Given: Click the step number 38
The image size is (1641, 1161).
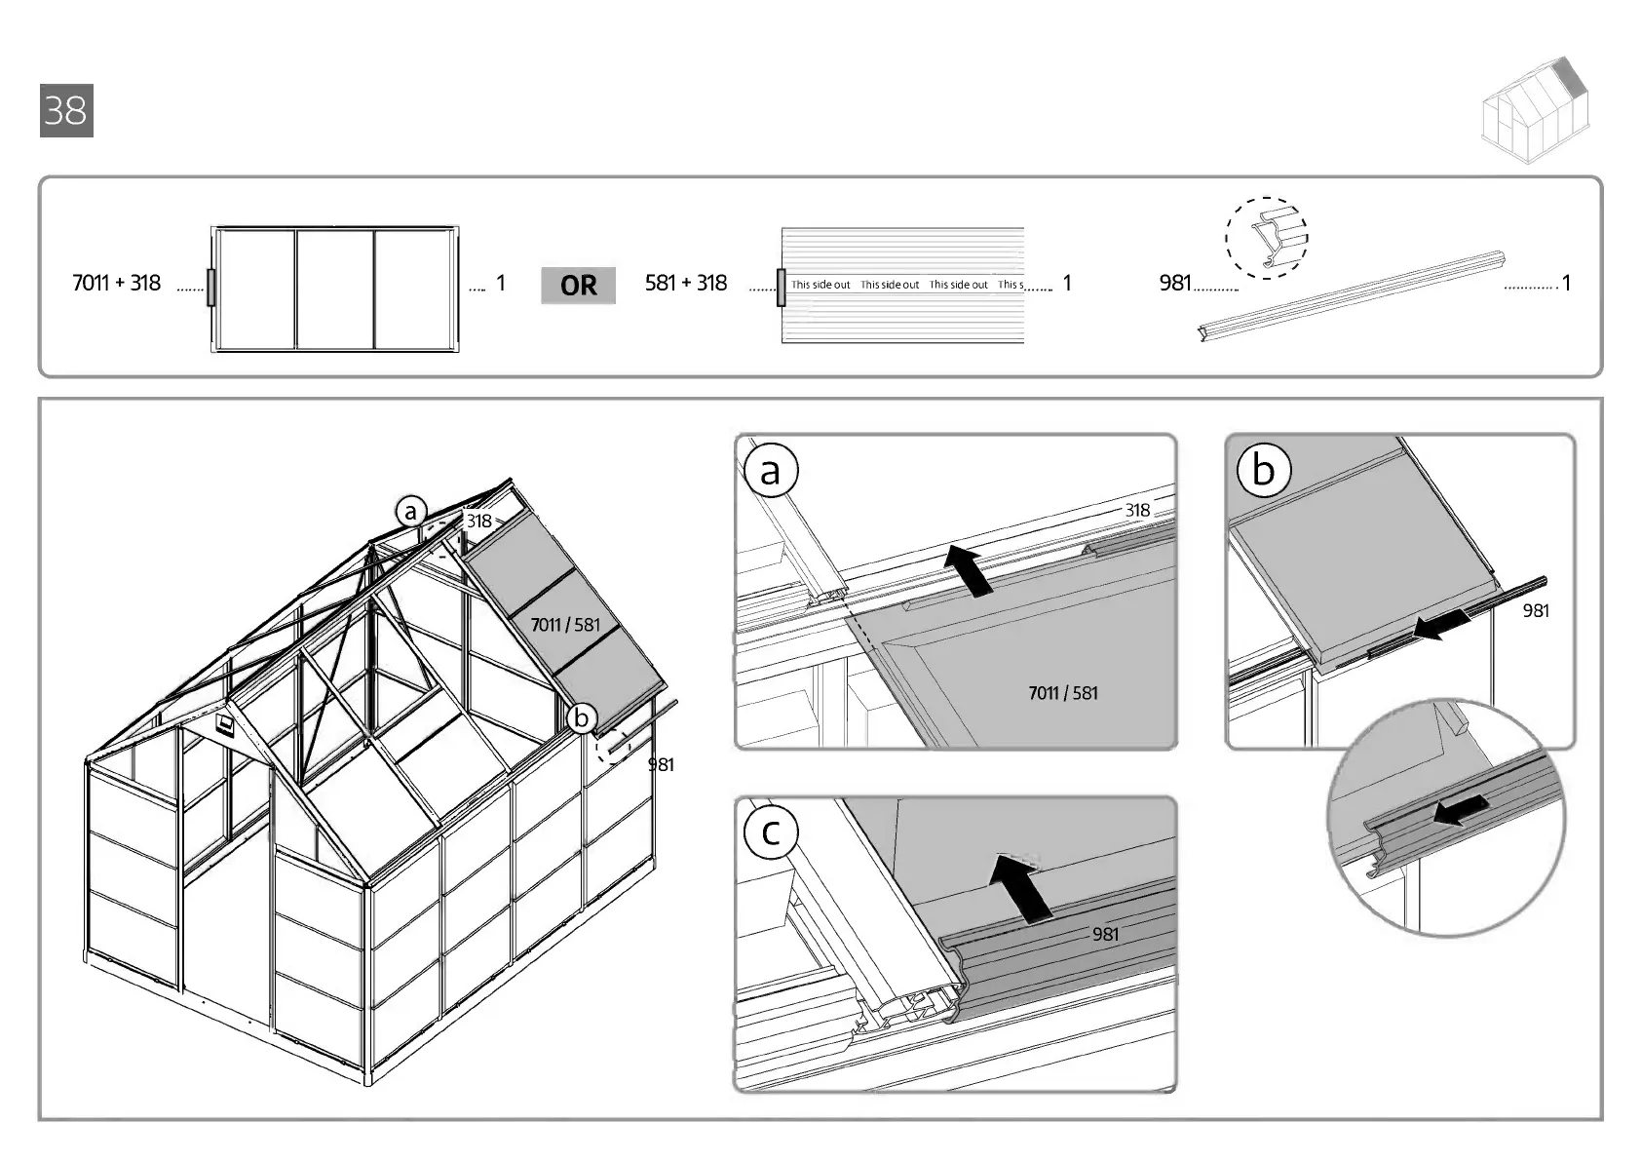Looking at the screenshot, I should tap(66, 110).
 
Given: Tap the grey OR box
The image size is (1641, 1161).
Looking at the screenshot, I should tap(578, 286).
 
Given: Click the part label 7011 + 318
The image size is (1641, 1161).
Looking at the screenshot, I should tap(116, 283).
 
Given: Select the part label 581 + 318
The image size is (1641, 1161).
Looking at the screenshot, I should tap(686, 283).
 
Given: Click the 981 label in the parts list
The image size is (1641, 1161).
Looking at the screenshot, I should tap(1175, 283).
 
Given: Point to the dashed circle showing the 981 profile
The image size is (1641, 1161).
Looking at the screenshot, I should tap(1266, 238).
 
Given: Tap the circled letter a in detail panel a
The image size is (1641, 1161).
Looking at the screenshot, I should tap(771, 471).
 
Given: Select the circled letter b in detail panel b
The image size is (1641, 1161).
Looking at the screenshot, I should tap(1263, 470).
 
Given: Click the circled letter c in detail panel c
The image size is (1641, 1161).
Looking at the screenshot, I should tap(771, 832).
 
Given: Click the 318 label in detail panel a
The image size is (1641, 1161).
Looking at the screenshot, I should tap(1137, 510).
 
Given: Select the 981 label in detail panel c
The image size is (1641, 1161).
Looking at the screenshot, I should tap(1105, 934).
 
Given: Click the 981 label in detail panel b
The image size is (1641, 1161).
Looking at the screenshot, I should tap(1535, 610).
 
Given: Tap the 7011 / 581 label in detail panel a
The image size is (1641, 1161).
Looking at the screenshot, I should tap(1062, 693).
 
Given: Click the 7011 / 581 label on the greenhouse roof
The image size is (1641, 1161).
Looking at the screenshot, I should tap(565, 625).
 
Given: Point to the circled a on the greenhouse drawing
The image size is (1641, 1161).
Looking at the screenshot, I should tap(411, 512).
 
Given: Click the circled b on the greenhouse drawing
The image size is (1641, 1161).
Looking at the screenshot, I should tap(582, 718).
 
